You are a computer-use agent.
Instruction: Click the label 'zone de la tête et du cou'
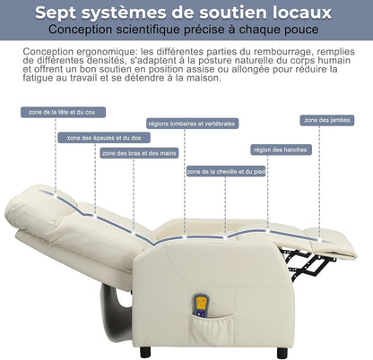point(63,112)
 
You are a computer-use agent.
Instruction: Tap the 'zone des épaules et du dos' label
point(104,138)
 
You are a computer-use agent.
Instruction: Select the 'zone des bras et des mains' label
point(139,153)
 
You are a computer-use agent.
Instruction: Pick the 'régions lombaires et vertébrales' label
point(192,124)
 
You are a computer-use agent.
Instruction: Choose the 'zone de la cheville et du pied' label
point(226,171)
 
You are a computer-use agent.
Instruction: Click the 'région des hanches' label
point(281,150)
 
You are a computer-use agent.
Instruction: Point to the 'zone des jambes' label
point(327,120)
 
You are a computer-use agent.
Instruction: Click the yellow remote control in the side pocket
point(201,305)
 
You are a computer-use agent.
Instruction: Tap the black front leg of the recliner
point(282,353)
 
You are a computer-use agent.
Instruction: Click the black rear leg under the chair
point(145,352)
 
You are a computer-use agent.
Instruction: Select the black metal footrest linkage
point(308,262)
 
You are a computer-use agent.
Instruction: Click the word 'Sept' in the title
point(56,13)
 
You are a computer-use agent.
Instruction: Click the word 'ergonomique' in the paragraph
point(106,52)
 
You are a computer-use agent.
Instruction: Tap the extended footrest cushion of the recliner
point(332,243)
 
